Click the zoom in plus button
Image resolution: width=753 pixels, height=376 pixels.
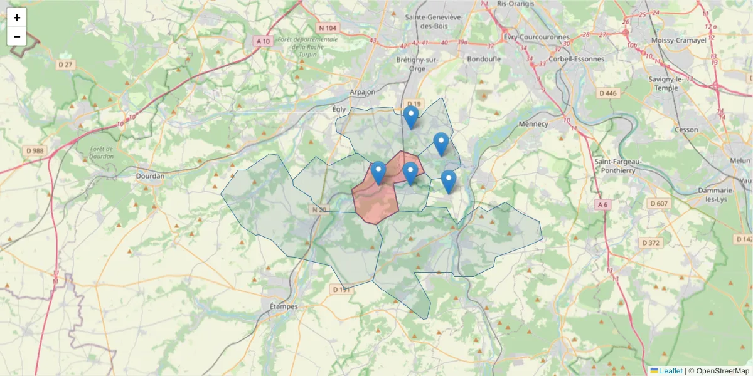coord(17,18)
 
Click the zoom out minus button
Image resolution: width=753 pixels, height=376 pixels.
coord(17,36)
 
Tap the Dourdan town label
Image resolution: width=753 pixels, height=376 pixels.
coord(150,176)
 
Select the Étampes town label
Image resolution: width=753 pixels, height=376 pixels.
coord(282,306)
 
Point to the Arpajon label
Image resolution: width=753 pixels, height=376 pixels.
coord(362,92)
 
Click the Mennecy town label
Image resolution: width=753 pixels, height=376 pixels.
coord(533,124)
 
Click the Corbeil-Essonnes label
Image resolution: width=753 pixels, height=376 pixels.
coord(576,59)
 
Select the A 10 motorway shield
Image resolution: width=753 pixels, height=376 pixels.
coord(263,41)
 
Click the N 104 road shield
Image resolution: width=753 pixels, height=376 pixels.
coord(328,28)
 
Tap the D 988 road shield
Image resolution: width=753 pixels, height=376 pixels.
coord(35,150)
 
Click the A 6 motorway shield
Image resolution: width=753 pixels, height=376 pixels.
coord(602,204)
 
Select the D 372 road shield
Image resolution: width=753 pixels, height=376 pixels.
coord(651,243)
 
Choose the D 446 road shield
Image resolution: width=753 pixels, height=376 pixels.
coord(608,93)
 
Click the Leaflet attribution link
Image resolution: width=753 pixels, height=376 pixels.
coord(670,371)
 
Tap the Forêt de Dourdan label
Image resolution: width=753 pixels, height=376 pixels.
coord(101,152)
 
